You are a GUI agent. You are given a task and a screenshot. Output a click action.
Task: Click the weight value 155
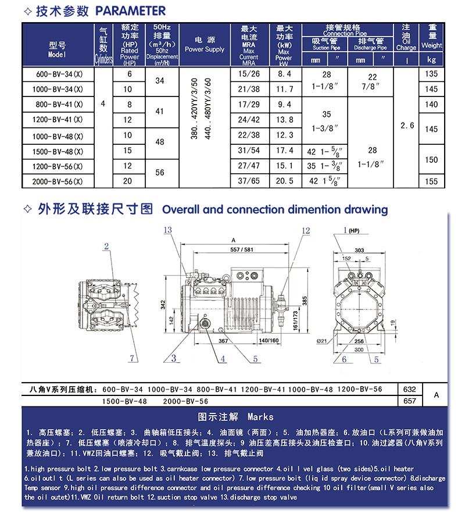pyautogui.click(x=431, y=181)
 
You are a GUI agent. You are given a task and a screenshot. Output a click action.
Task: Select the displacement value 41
pyautogui.click(x=160, y=110)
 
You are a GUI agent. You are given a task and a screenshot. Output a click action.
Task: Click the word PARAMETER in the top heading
pyautogui.click(x=131, y=10)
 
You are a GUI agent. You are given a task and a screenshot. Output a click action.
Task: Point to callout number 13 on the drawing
pyautogui.click(x=168, y=230)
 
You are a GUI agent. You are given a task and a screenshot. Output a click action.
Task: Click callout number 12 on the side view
pyautogui.click(x=306, y=230)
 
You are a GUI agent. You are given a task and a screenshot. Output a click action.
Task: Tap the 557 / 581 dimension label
pyautogui.click(x=242, y=250)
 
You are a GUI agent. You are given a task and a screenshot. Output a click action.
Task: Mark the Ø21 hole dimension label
pyautogui.click(x=321, y=342)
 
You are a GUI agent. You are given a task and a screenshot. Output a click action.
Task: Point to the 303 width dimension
pyautogui.click(x=360, y=249)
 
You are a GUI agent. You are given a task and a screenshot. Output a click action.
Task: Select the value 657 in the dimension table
pyautogui.click(x=409, y=401)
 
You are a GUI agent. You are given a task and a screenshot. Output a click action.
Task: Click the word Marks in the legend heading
pyautogui.click(x=260, y=417)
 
